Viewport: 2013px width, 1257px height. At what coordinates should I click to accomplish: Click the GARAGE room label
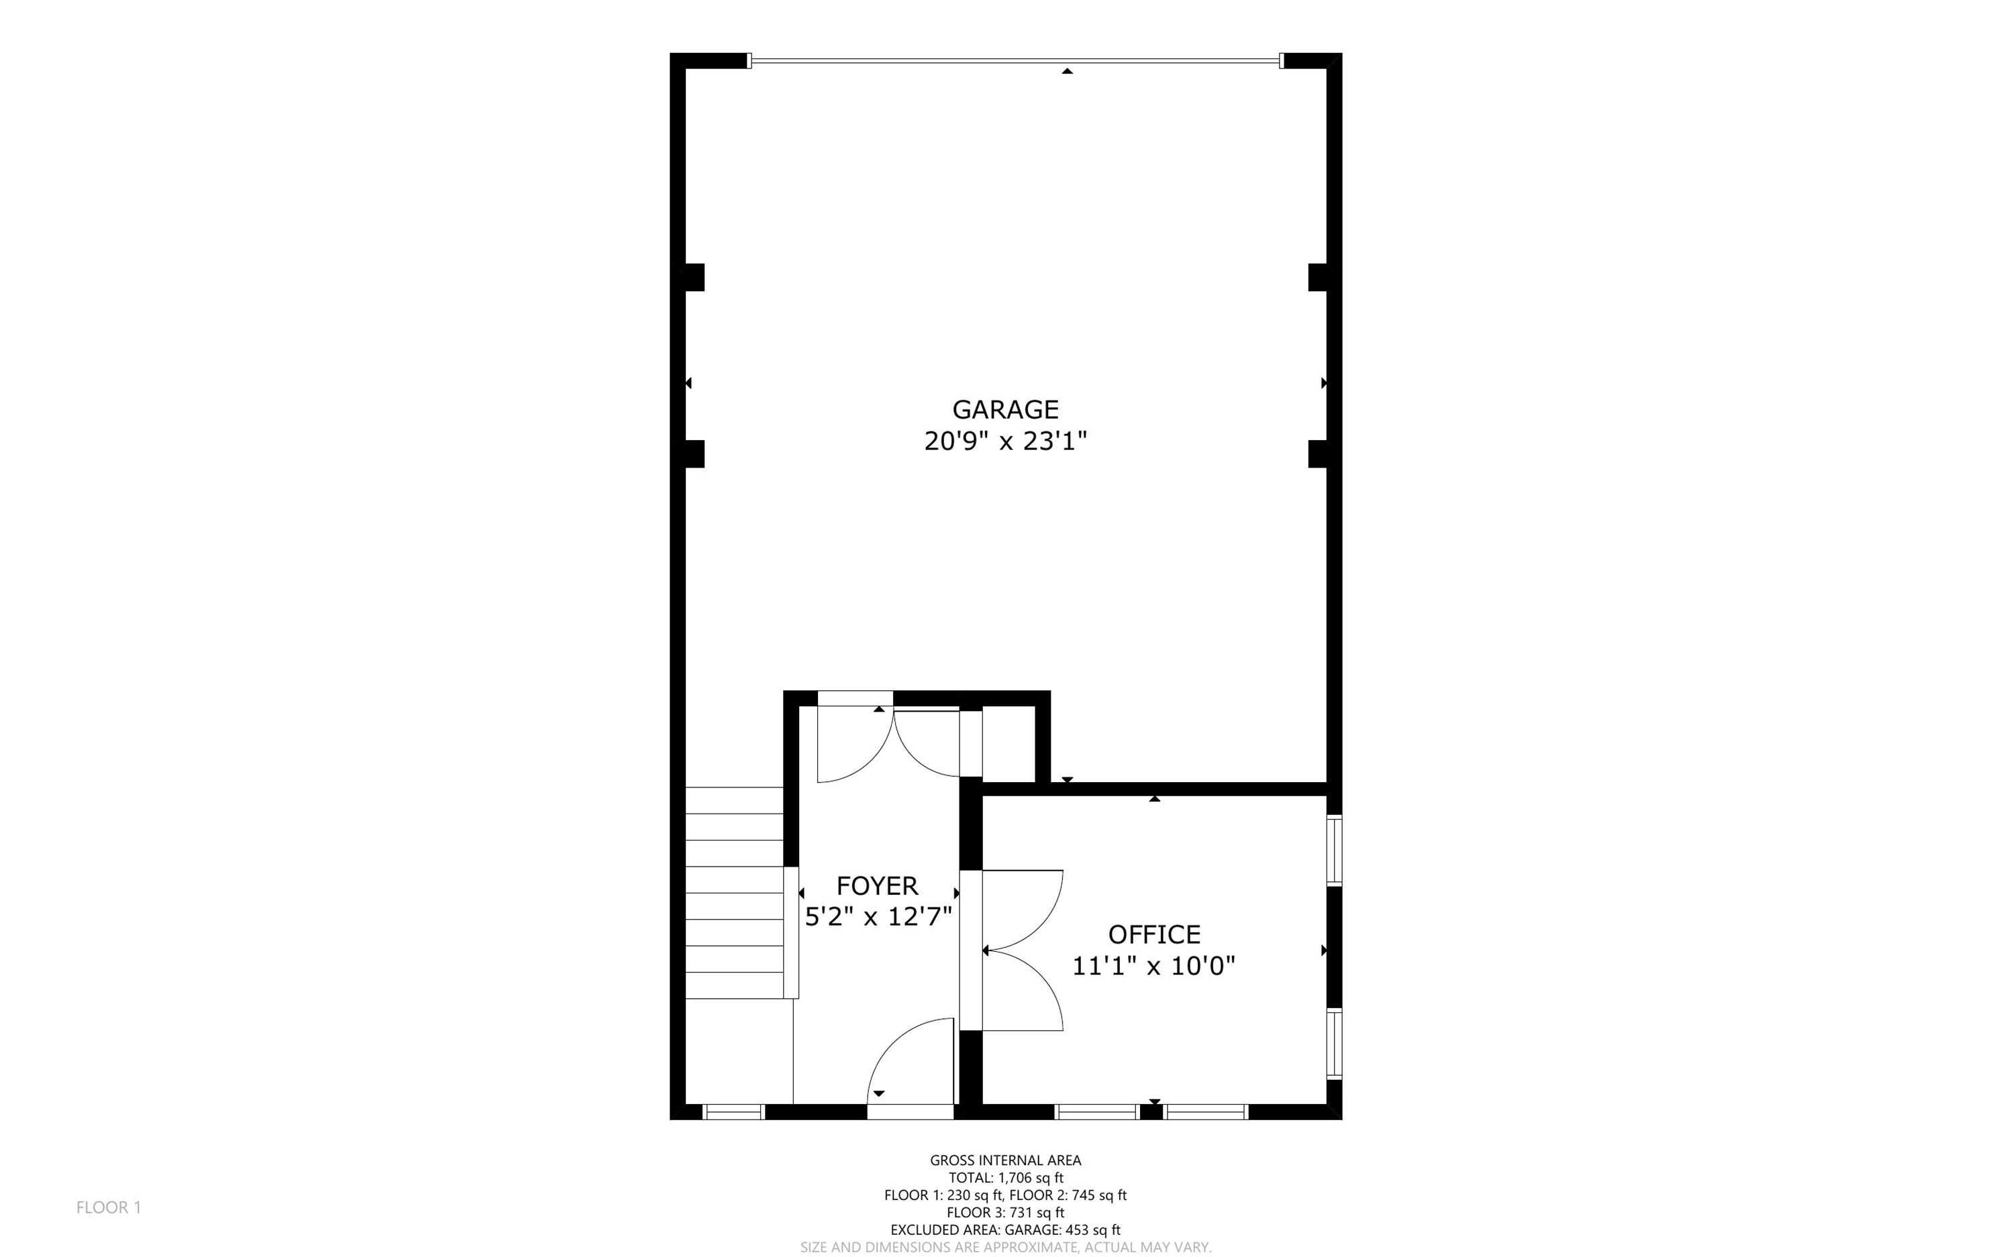tap(1005, 409)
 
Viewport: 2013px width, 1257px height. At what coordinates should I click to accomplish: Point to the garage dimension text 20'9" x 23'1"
tap(1005, 441)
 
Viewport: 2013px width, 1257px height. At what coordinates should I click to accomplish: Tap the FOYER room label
tap(877, 885)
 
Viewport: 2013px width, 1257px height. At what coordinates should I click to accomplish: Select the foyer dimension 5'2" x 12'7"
tap(878, 917)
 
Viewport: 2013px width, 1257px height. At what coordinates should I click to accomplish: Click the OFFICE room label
tap(1154, 934)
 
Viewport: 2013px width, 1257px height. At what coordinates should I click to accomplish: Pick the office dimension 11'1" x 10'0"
tap(1154, 966)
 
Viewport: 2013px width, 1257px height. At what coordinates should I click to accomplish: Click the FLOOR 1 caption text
tap(109, 1207)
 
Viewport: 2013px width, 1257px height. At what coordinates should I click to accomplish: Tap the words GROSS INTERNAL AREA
tap(1005, 1160)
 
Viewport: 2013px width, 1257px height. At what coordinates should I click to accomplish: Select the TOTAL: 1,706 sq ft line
tap(1005, 1178)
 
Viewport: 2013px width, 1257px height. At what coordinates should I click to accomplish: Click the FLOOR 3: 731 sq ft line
tap(1005, 1213)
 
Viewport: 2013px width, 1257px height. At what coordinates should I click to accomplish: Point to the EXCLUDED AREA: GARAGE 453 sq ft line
tap(1005, 1230)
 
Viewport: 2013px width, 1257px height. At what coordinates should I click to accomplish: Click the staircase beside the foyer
tap(734, 892)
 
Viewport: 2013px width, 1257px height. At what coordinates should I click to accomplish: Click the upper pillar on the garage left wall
tap(694, 278)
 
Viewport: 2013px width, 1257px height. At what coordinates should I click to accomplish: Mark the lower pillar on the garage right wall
tap(1318, 454)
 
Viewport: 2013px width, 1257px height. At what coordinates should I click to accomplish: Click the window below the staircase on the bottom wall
tap(733, 1112)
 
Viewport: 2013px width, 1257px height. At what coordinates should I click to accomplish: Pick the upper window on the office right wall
tap(1334, 850)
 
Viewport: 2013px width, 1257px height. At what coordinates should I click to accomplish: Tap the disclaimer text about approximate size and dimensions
tap(1005, 1247)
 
